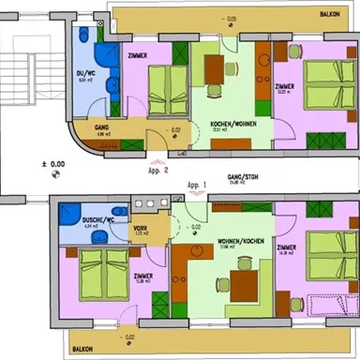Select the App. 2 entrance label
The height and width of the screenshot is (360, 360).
click(158, 172)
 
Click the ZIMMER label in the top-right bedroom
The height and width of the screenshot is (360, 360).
click(286, 86)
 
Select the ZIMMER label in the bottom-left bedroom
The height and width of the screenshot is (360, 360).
click(143, 276)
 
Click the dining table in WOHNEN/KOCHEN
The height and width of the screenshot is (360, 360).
click(246, 282)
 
